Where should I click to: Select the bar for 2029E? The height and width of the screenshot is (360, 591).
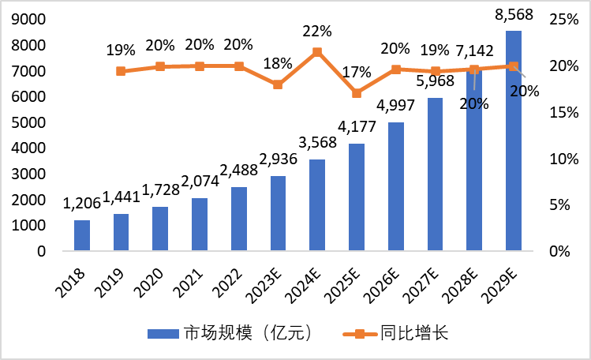click(514, 142)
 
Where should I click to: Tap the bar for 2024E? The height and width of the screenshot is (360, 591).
click(317, 205)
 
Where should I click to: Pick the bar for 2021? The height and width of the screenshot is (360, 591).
click(200, 224)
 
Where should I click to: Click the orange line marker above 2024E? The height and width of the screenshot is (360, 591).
click(317, 52)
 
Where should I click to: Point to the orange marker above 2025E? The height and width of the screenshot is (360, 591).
click(357, 93)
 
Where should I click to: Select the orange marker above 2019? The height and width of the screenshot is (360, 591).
click(121, 71)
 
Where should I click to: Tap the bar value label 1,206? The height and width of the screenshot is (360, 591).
click(82, 204)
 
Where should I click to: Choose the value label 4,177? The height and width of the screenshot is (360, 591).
click(357, 127)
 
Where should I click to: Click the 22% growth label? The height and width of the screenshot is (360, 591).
click(317, 32)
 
